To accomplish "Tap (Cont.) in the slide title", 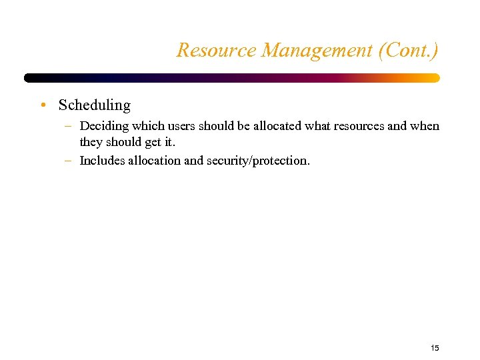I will pos(407,50).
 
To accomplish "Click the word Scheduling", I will pos(95,105).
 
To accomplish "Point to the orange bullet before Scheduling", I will pos(43,105).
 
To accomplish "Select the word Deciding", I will pos(101,126).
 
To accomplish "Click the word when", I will pos(425,126).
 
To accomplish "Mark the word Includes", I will pos(101,161).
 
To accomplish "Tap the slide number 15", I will pos(435,348).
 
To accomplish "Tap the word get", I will pos(153,142).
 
